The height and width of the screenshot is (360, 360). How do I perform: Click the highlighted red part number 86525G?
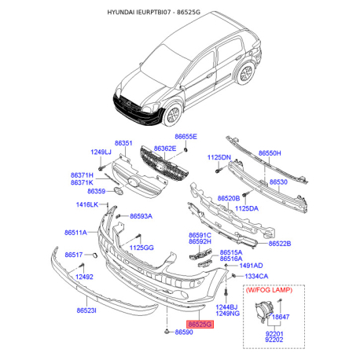point(200,322)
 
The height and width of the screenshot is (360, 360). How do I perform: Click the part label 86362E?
point(165,149)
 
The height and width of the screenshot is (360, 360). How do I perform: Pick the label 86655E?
point(186,137)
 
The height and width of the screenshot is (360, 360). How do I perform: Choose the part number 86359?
point(97,191)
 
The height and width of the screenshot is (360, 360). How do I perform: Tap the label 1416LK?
point(87,205)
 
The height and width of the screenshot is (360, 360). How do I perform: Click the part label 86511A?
point(76,233)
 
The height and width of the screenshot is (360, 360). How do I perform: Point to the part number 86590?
point(183,333)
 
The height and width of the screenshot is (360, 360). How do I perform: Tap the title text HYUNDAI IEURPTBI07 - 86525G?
point(179,13)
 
